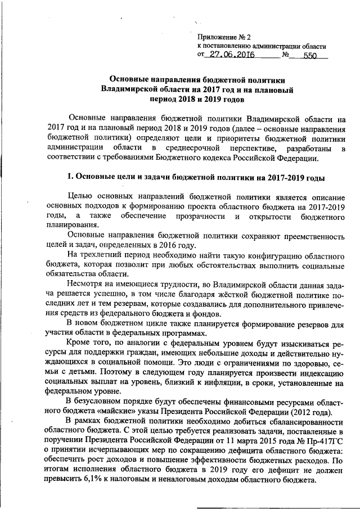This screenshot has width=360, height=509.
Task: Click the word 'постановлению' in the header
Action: (230, 46)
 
